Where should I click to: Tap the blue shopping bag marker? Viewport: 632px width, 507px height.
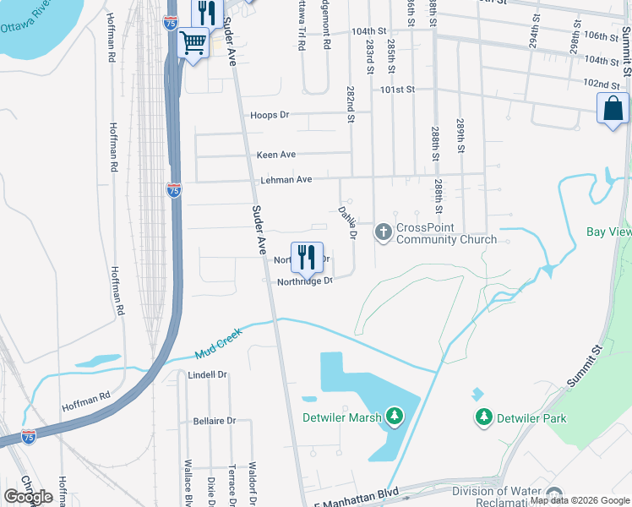[613, 109]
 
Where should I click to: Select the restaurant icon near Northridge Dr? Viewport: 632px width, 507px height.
[307, 257]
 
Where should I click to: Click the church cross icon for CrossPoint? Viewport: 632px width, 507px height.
[384, 231]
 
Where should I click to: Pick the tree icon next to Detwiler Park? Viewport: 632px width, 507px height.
[483, 417]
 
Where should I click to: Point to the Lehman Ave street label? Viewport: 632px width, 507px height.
[285, 179]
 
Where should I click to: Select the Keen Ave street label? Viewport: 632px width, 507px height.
[276, 155]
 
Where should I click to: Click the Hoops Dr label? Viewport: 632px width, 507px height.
[270, 115]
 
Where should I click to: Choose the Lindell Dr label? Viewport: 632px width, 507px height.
[208, 374]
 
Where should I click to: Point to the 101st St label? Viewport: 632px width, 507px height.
[398, 89]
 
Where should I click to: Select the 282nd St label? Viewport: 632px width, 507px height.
[351, 104]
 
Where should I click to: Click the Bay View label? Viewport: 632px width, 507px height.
[608, 232]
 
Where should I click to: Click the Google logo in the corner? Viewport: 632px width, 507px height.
[28, 497]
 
